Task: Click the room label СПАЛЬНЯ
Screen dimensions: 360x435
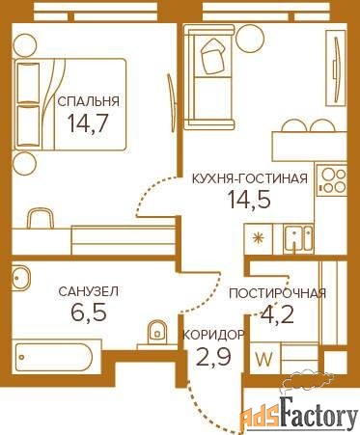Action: click(x=88, y=101)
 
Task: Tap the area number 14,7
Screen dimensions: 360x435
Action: click(x=87, y=122)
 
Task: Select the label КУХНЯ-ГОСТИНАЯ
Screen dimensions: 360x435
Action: click(x=250, y=178)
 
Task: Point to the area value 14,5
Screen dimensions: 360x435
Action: click(x=249, y=199)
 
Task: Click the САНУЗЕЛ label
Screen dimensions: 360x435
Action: click(x=89, y=291)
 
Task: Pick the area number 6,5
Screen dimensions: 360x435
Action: click(x=89, y=312)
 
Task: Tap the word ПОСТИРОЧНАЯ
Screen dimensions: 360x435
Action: click(x=277, y=293)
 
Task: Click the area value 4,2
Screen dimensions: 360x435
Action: click(x=277, y=313)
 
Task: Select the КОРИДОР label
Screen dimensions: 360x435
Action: click(x=213, y=336)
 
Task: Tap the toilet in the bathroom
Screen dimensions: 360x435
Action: click(x=157, y=332)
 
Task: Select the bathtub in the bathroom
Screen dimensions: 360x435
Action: click(x=54, y=357)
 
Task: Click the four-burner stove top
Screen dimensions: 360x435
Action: click(x=331, y=181)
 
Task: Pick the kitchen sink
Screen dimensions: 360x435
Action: click(x=298, y=237)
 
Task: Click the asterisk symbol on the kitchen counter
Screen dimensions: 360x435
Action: click(x=258, y=238)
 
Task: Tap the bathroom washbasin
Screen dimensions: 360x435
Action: click(x=21, y=277)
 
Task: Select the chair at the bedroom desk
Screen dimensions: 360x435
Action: click(x=40, y=218)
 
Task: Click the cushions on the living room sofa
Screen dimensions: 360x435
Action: click(x=212, y=56)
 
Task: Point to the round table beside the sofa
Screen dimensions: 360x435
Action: click(x=250, y=38)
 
